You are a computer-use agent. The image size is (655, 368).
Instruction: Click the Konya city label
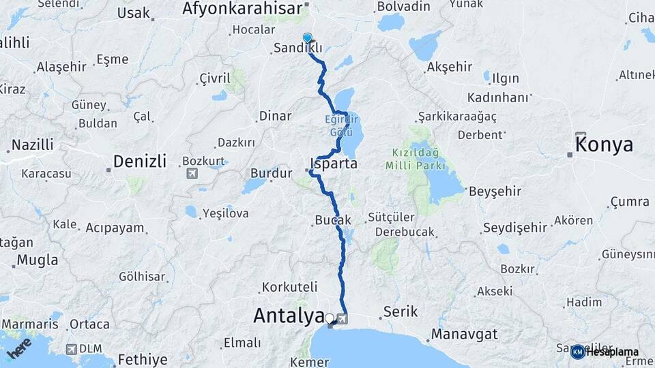604,144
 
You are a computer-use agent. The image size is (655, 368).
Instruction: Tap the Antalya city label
289,316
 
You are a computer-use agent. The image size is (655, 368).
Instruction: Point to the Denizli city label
139,162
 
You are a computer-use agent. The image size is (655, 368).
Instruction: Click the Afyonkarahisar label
242,9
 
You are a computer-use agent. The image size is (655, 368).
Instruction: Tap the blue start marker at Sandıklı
307,39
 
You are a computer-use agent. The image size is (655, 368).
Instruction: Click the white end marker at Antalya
330,318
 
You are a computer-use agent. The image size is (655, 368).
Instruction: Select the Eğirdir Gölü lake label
341,124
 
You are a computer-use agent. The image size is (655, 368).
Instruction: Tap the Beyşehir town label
495,191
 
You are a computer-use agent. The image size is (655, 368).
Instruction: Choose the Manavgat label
464,335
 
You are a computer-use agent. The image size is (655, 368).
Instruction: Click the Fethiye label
142,359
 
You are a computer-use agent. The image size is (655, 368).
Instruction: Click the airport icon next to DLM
70,349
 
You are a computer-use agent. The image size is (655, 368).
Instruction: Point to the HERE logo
20,348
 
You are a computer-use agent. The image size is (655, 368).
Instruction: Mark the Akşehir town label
449,67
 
